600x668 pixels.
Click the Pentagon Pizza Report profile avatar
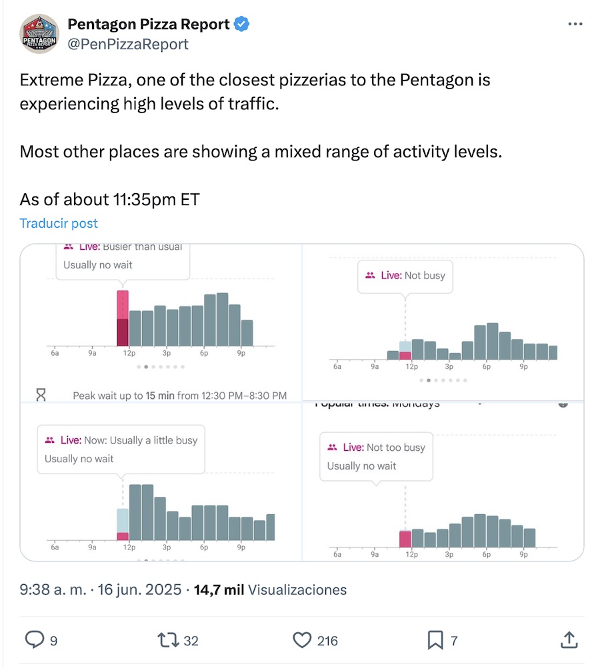tap(40, 35)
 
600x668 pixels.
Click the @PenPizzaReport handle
tap(128, 44)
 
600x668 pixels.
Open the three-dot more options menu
tap(575, 25)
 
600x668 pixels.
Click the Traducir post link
tap(59, 223)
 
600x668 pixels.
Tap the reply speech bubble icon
tap(34, 640)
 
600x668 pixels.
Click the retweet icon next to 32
tap(166, 640)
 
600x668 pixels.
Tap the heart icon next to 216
tap(303, 640)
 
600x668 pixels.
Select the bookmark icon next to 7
tap(435, 640)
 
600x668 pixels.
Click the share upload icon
tap(568, 640)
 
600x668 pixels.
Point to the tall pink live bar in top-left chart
tap(123, 318)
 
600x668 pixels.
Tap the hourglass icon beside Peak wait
tap(41, 395)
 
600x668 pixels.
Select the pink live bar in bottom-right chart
tap(405, 539)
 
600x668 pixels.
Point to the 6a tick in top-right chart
tap(337, 367)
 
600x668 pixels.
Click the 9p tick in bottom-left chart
tap(241, 547)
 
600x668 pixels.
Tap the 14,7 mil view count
tap(219, 589)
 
